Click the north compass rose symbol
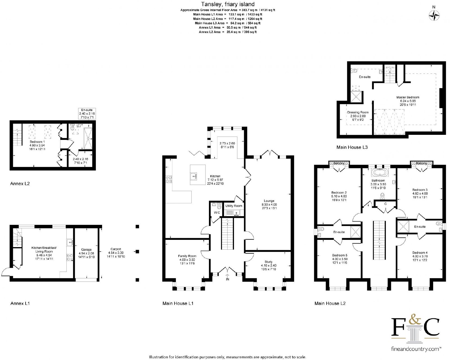coord(434,15)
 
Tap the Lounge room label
coord(269,201)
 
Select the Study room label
coord(269,262)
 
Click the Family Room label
coord(187,256)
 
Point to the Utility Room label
coord(234,206)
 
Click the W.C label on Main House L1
coord(217,213)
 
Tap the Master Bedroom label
coord(408,97)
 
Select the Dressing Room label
coord(358,112)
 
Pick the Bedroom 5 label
coord(339,255)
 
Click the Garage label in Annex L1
coord(86,250)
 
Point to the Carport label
coord(116,249)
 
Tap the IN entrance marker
coord(228,279)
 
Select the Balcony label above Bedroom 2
coord(339,163)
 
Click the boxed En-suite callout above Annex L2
coord(87,113)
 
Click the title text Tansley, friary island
coord(228,4)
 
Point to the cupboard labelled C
coord(385,204)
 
